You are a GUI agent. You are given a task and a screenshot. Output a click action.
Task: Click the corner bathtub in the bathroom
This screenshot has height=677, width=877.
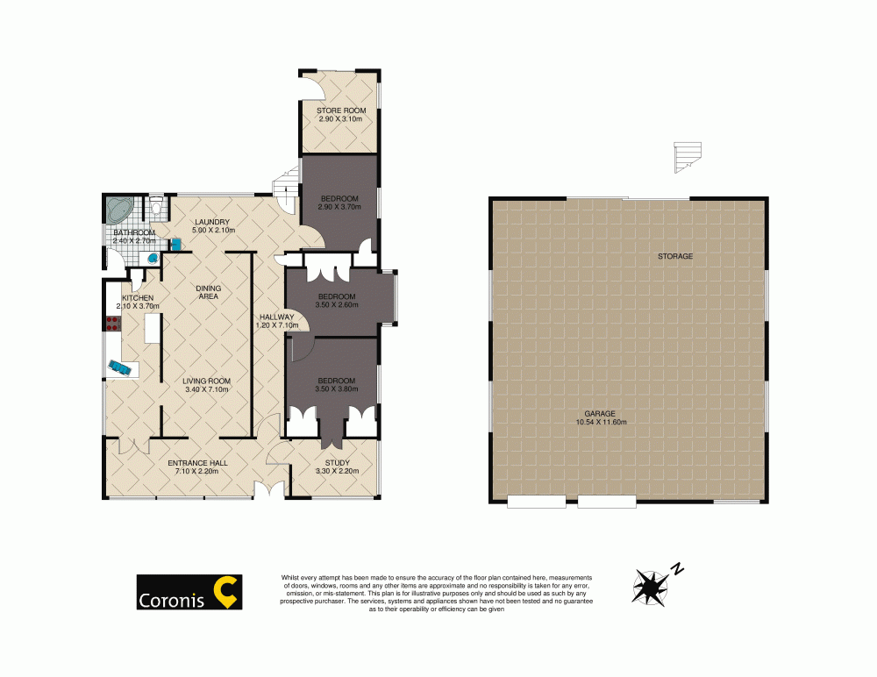click(x=118, y=210)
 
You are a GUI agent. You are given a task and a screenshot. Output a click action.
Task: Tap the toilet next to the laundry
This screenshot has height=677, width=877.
click(x=155, y=209)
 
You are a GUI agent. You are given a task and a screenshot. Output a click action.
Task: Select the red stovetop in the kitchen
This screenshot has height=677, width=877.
click(x=112, y=324)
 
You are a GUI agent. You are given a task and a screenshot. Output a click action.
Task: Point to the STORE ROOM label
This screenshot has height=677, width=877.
click(x=341, y=114)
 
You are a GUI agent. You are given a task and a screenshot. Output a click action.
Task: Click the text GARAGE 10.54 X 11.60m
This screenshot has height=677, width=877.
click(x=601, y=417)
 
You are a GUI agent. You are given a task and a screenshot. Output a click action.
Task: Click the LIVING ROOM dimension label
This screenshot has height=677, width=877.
click(x=206, y=384)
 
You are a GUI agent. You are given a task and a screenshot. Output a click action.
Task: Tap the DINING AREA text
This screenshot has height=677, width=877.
click(x=208, y=292)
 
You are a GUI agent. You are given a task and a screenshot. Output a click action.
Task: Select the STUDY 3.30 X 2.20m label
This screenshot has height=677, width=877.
click(x=337, y=467)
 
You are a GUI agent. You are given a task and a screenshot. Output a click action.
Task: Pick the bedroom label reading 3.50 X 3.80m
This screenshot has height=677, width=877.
click(x=337, y=384)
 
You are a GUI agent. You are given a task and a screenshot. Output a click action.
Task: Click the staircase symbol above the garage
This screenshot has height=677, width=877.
click(x=688, y=156)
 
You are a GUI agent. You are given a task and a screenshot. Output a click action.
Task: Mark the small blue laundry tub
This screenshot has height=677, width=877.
click(x=176, y=243)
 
